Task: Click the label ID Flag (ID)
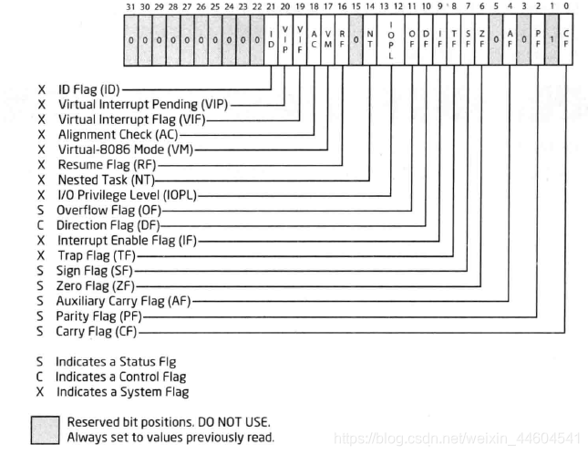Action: (88, 91)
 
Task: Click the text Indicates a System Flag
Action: (122, 391)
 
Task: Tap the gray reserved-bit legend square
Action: (46, 429)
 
